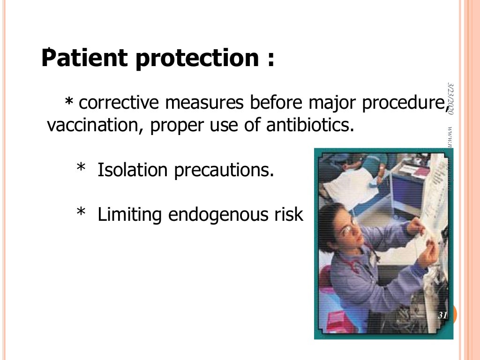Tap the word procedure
[x=403, y=103]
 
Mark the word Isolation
[x=132, y=170]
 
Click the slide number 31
[x=442, y=315]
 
